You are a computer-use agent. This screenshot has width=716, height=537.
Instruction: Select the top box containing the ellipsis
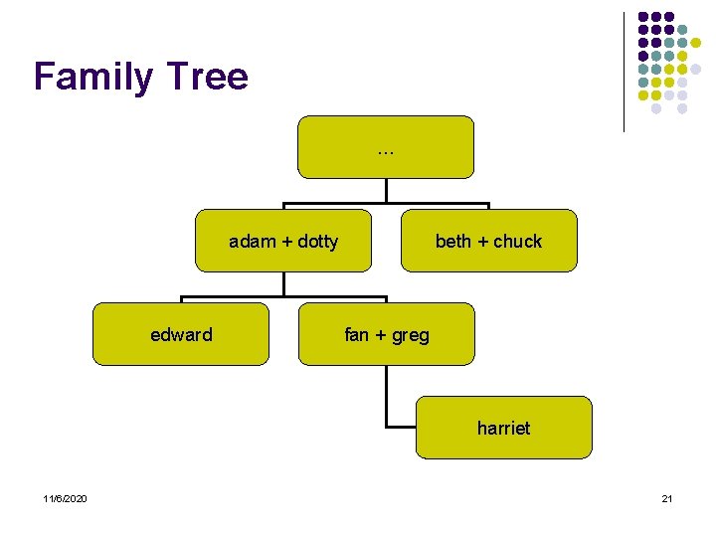click(x=386, y=147)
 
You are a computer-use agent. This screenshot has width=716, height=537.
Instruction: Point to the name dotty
click(x=316, y=242)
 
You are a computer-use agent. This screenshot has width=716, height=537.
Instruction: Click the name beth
click(x=453, y=242)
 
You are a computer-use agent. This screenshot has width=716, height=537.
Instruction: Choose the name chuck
click(x=518, y=242)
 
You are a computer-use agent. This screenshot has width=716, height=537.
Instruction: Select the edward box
click(x=181, y=335)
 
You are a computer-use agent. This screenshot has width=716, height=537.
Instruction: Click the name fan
click(x=356, y=335)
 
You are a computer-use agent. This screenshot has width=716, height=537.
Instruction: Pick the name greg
click(x=410, y=336)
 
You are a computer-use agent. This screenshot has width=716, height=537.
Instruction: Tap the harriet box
click(x=503, y=429)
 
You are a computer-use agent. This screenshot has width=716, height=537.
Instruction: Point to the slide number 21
click(x=666, y=498)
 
